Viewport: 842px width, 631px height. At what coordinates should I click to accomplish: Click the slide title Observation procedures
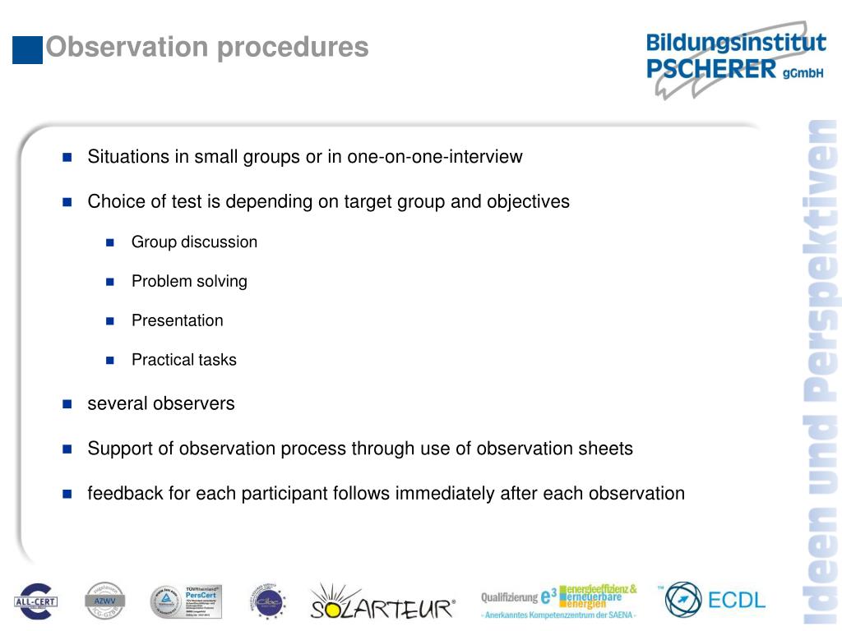pyautogui.click(x=207, y=47)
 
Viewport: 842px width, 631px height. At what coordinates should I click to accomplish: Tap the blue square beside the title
pyautogui.click(x=27, y=49)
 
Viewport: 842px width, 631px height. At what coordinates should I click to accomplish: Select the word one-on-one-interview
pyautogui.click(x=434, y=157)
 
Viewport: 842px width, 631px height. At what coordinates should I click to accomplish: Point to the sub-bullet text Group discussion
pyautogui.click(x=194, y=242)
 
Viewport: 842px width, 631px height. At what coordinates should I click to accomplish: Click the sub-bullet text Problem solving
pyautogui.click(x=189, y=282)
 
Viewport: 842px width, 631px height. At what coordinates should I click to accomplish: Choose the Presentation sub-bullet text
pyautogui.click(x=177, y=321)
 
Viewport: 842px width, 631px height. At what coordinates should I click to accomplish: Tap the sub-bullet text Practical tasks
pyautogui.click(x=183, y=361)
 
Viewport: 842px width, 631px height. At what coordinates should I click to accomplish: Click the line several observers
pyautogui.click(x=160, y=404)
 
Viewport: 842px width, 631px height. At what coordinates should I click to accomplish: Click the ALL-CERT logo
pyautogui.click(x=35, y=601)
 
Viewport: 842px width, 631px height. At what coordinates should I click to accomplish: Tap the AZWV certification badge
pyautogui.click(x=104, y=601)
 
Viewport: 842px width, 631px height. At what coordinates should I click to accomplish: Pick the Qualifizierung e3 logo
pyautogui.click(x=559, y=601)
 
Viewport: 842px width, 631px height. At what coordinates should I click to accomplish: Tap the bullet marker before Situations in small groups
pyautogui.click(x=67, y=157)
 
